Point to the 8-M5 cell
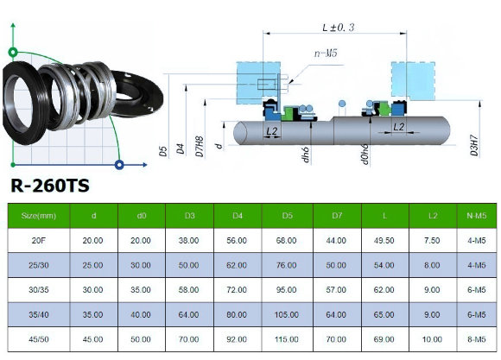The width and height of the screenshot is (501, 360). pos(474,339)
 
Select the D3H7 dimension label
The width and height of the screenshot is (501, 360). pos(474,142)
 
